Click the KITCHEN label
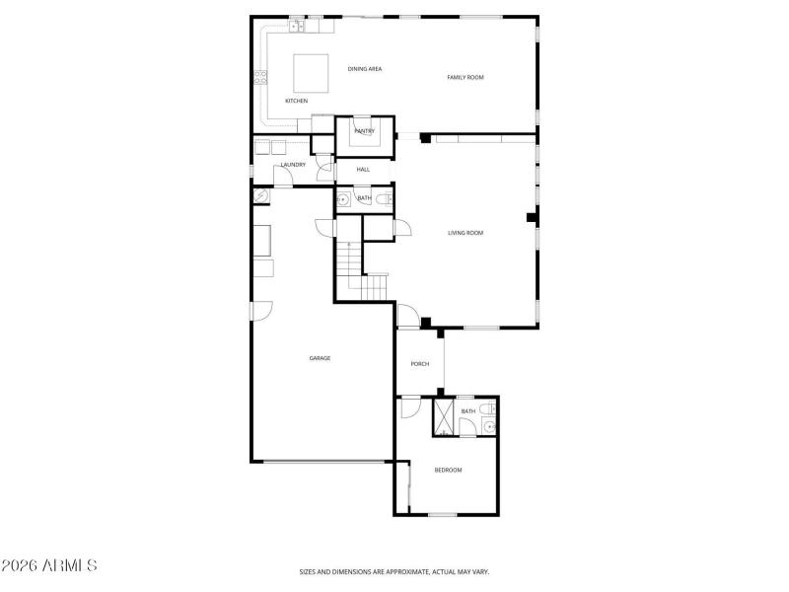pos(297,102)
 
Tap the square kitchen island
pos(312,70)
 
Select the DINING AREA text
pos(365,69)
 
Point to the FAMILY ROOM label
pos(466,78)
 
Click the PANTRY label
pos(364,131)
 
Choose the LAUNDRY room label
pos(293,165)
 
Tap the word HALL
pos(363,171)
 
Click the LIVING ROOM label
pos(466,233)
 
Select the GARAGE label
pos(319,358)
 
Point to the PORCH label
pos(420,364)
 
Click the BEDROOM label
pos(448,470)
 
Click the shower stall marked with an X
pos(444,417)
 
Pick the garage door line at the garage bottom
pos(323,461)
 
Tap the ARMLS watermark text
pos(49,566)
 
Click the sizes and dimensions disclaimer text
pos(394,571)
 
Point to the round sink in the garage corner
pos(259,197)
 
